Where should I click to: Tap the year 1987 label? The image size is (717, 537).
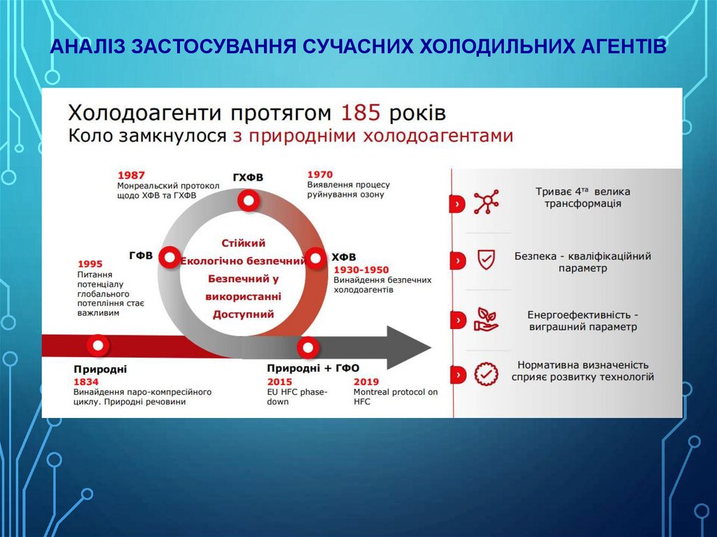click(x=132, y=174)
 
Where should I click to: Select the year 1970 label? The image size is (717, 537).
click(x=320, y=174)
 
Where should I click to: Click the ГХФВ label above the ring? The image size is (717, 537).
click(x=248, y=177)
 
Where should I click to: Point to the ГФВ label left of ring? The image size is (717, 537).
click(x=141, y=256)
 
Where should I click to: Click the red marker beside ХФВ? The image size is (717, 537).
click(x=316, y=258)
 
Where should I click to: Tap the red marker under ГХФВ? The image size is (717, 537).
click(x=248, y=202)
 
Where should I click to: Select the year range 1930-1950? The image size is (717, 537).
click(x=361, y=270)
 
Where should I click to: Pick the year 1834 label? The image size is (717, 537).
click(x=86, y=382)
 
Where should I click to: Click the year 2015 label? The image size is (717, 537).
click(x=279, y=382)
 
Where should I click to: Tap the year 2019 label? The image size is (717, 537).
click(x=366, y=382)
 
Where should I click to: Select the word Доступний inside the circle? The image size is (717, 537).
click(x=243, y=314)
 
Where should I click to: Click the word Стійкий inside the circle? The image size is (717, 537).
click(x=243, y=243)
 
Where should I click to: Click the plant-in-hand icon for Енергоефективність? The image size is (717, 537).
click(x=485, y=318)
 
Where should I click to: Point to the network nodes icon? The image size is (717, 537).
click(x=485, y=202)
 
